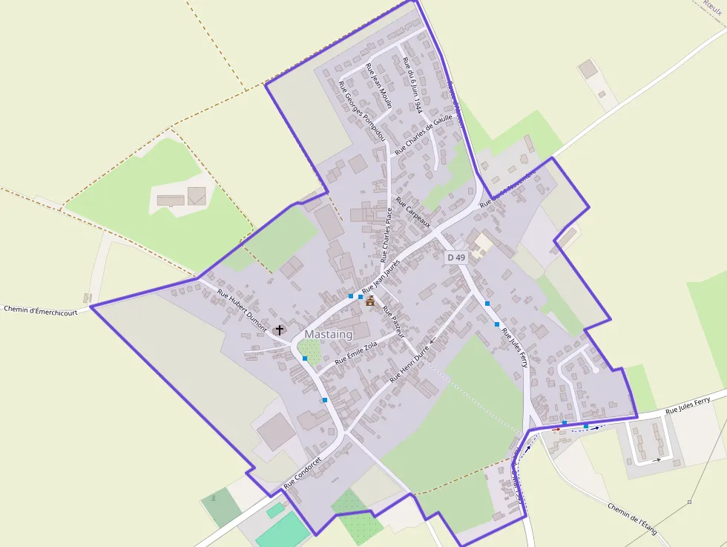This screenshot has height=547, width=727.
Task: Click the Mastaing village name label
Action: coord(328,335)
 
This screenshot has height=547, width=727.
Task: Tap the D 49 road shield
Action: coord(455,258)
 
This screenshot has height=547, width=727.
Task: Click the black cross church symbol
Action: coord(280,330)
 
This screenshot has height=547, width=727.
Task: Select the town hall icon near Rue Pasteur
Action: coord(370,301)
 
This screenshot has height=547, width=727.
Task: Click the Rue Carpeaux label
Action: coord(412,212)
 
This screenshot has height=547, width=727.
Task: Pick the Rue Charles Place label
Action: coord(386,235)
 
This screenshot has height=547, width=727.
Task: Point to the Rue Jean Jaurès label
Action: coord(381,276)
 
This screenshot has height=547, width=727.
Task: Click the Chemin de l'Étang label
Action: coord(632,518)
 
